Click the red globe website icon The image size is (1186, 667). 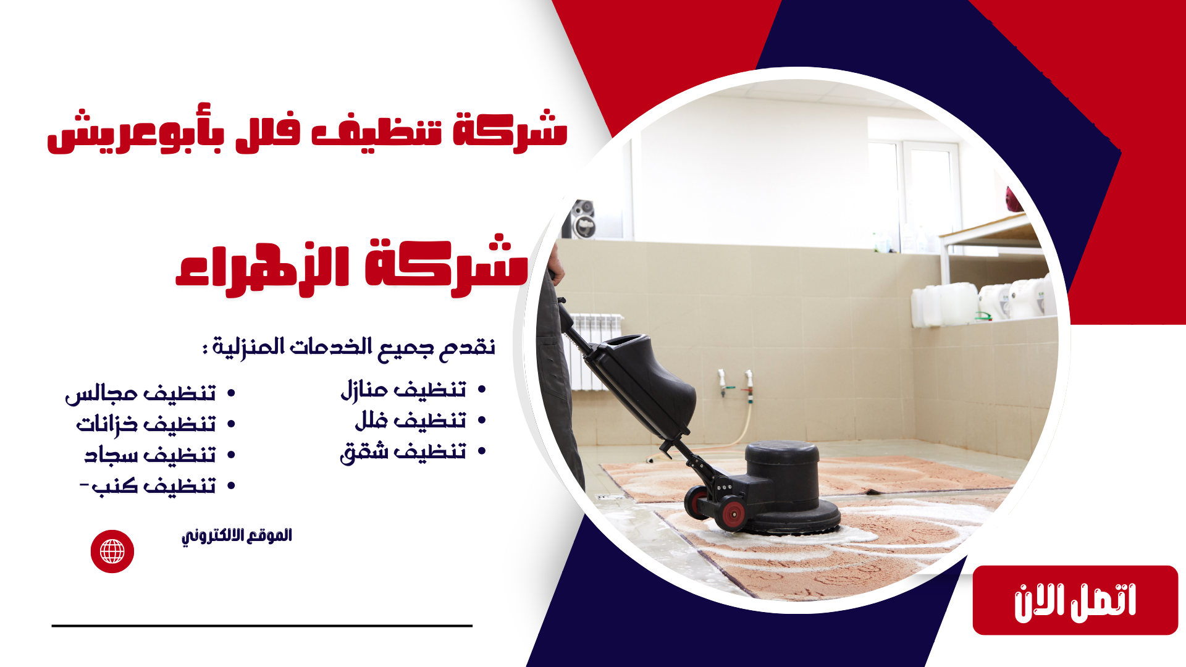112,552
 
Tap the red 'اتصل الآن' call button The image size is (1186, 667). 1075,600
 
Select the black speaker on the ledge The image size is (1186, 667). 580,219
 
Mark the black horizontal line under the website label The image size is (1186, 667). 262,626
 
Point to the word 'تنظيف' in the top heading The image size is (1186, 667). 377,132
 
